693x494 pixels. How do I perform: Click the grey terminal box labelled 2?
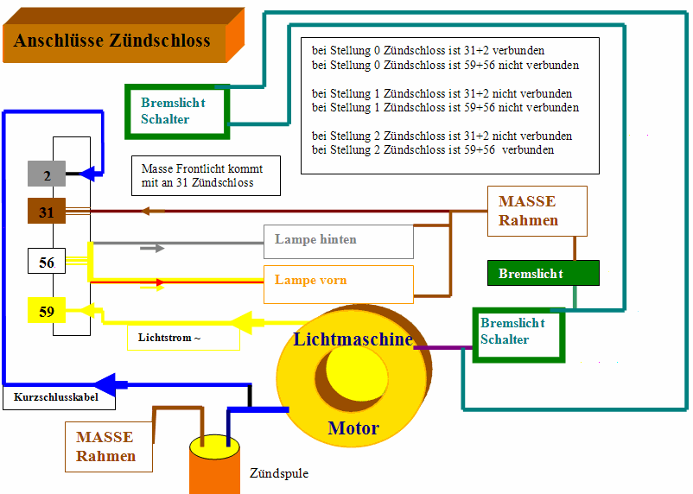pyautogui.click(x=47, y=174)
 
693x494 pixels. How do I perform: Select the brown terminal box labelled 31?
pyautogui.click(x=47, y=211)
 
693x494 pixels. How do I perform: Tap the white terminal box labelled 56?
pyautogui.click(x=47, y=262)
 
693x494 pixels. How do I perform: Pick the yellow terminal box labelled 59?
pyautogui.click(x=47, y=309)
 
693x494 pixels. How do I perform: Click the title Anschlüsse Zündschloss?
pyautogui.click(x=112, y=41)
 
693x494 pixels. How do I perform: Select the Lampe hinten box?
pyautogui.click(x=339, y=241)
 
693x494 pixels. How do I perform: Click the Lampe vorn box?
pyautogui.click(x=339, y=282)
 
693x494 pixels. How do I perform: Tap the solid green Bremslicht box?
pyautogui.click(x=543, y=273)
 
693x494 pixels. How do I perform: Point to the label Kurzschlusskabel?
pyautogui.click(x=57, y=398)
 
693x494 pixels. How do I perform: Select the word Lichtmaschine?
pyautogui.click(x=353, y=339)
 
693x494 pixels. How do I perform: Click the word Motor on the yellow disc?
pyautogui.click(x=353, y=427)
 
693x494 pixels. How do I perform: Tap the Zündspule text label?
pyautogui.click(x=278, y=473)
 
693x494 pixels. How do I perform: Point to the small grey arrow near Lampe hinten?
pyautogui.click(x=152, y=248)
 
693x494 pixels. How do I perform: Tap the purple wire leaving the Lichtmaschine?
pyautogui.click(x=442, y=347)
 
